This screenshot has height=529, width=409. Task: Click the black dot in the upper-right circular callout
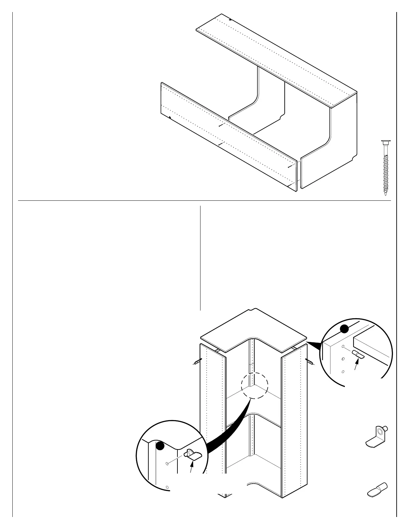click(x=345, y=329)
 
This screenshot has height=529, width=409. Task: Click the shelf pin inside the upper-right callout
click(x=358, y=355)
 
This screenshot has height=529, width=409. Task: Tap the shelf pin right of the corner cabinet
click(x=309, y=361)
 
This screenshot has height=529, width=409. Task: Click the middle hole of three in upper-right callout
click(x=343, y=359)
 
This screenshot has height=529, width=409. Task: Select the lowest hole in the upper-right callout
click(x=343, y=371)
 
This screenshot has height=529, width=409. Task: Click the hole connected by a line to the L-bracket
click(x=167, y=464)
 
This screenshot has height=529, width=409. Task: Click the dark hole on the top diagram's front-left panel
click(x=170, y=118)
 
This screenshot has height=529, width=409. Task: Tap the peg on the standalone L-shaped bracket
click(x=385, y=428)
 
